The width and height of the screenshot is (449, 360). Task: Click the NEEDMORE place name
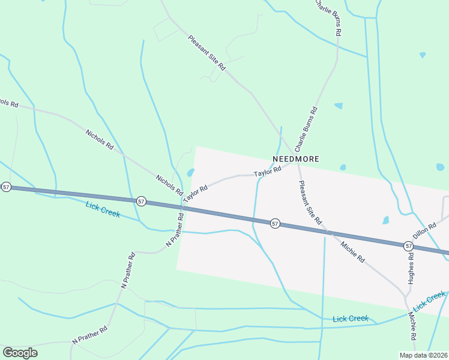pyautogui.click(x=295, y=159)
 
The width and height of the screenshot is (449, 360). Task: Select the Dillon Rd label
pyautogui.click(x=423, y=229)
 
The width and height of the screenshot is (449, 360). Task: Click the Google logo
pyautogui.click(x=20, y=353)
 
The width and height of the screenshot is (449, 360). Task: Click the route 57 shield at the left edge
pyautogui.click(x=6, y=187)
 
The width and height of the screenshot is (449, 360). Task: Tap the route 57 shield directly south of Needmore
pyautogui.click(x=274, y=223)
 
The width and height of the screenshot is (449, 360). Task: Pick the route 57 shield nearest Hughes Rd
pyautogui.click(x=408, y=246)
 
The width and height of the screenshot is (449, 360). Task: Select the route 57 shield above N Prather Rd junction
pyautogui.click(x=140, y=200)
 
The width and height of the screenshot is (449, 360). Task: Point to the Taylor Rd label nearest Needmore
pyautogui.click(x=268, y=172)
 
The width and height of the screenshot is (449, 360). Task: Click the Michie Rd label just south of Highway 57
pyautogui.click(x=352, y=251)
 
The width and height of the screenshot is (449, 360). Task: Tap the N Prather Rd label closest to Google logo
pyautogui.click(x=89, y=334)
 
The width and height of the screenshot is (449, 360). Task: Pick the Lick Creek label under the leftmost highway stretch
pyautogui.click(x=103, y=209)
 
